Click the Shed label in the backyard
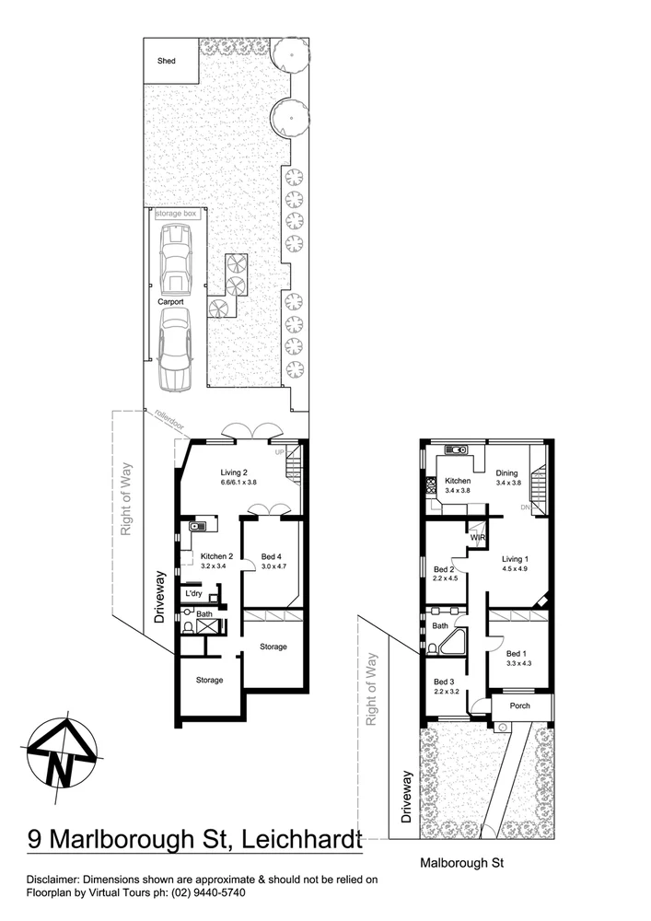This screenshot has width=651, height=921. (166, 62)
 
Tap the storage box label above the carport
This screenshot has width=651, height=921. (175, 214)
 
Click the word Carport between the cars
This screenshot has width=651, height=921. (170, 301)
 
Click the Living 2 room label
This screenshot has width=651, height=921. (223, 472)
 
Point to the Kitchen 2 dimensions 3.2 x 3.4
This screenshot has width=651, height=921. (216, 566)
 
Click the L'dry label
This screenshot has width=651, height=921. (193, 594)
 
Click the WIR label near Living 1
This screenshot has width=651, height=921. (478, 538)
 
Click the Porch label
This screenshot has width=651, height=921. (521, 706)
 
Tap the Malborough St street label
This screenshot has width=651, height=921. (459, 864)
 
